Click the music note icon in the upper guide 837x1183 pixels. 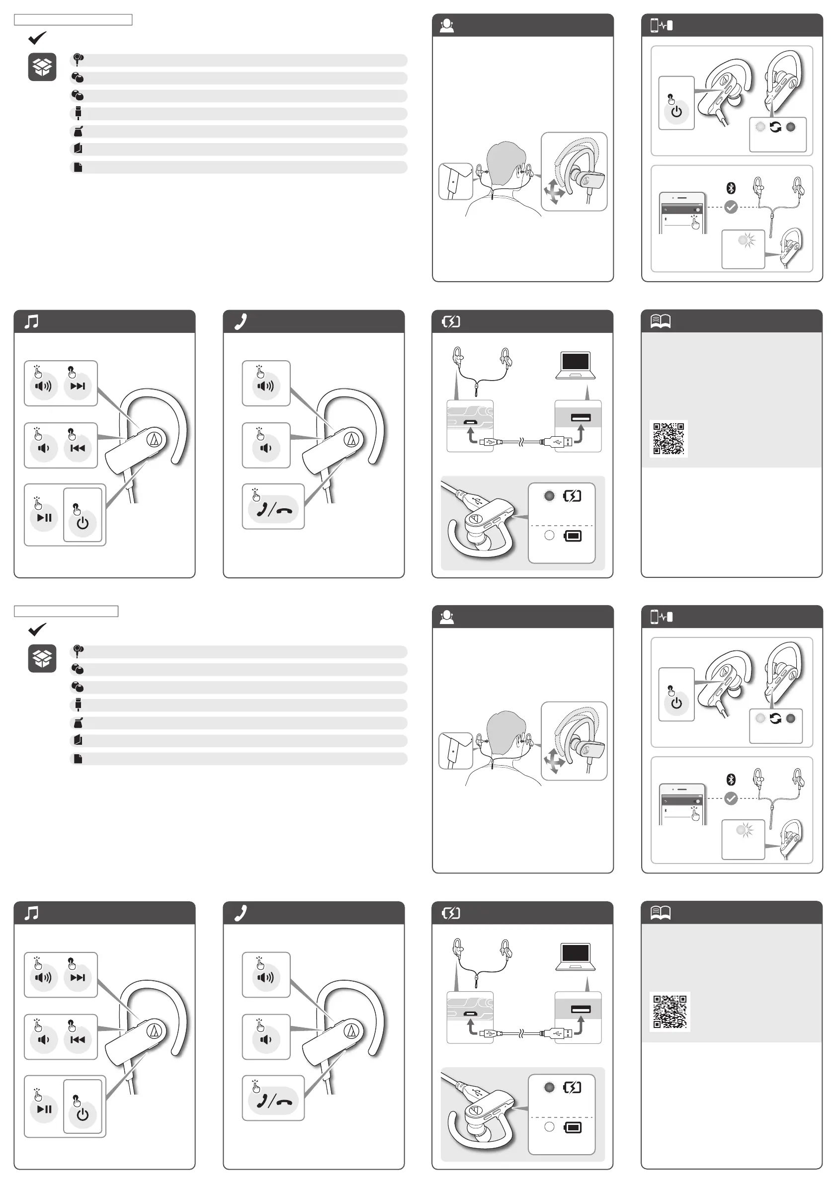point(31,322)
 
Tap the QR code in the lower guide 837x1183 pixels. point(670,1012)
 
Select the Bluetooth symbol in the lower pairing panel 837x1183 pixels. point(730,779)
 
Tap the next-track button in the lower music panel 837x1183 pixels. point(78,977)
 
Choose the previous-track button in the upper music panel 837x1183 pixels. point(78,448)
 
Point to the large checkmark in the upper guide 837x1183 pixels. point(37,38)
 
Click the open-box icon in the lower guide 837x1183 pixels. point(42,658)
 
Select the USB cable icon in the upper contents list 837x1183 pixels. point(79,112)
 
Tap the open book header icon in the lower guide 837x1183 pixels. point(660,913)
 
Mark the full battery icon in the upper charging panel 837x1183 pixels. point(573,536)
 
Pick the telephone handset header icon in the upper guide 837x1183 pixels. point(241,321)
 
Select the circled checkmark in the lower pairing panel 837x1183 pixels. point(730,798)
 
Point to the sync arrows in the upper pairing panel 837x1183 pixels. point(775,127)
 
